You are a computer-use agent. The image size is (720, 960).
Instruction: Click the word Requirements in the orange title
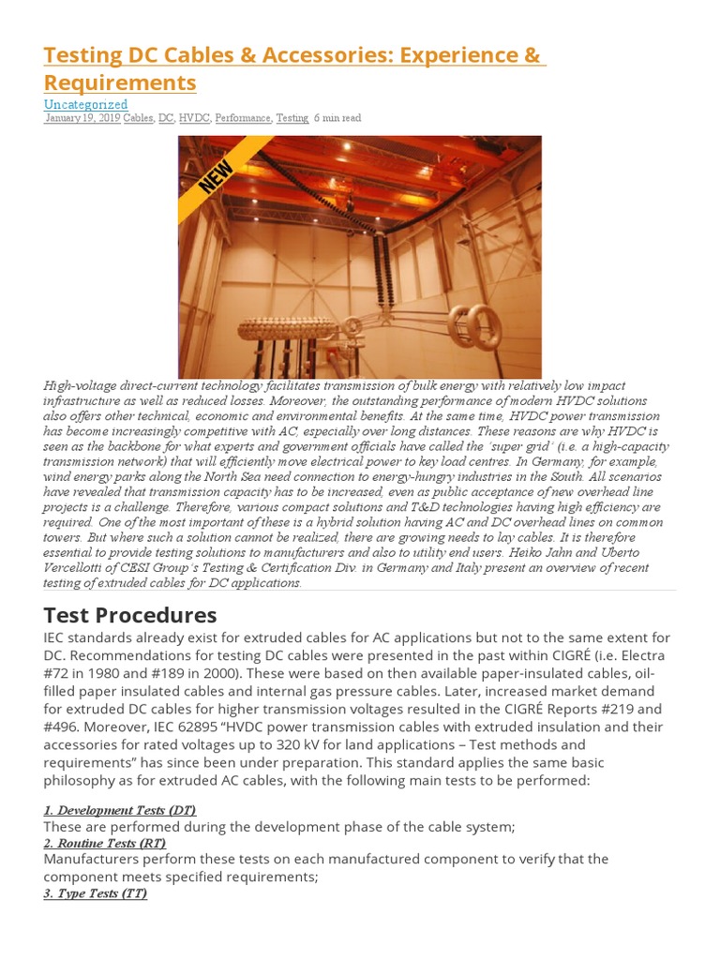coord(120,82)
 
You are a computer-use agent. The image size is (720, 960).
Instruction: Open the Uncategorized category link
coord(85,104)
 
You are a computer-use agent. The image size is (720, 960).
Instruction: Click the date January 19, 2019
coord(82,118)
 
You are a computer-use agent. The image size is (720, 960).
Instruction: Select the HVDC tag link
coord(194,118)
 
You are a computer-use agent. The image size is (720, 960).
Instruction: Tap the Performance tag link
coord(243,118)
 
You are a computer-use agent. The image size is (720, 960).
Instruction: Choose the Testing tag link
coord(292,118)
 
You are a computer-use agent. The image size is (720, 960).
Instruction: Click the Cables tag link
coord(138,118)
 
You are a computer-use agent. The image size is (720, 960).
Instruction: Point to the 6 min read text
coord(337,118)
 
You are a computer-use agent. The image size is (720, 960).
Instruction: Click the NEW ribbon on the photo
coord(217,175)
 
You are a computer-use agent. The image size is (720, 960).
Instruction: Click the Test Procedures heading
coord(130,616)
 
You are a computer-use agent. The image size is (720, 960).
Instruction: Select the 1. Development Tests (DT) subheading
coord(120,810)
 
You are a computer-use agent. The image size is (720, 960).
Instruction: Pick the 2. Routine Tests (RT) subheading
coord(104,844)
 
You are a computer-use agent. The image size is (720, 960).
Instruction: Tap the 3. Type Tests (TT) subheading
coord(95,893)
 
